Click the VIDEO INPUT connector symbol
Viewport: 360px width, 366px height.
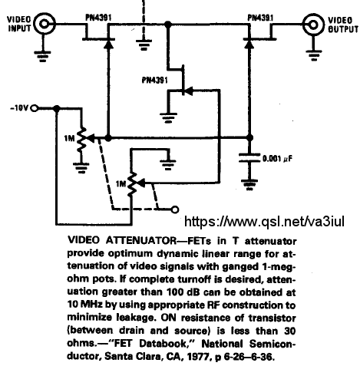coord(45,24)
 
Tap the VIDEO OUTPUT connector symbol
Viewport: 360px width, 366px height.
coord(313,25)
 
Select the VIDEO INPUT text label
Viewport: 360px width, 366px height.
coord(19,24)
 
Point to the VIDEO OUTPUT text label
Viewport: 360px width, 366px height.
coord(343,25)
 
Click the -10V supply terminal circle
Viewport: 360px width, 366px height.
coord(35,108)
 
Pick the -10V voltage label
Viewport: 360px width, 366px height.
coord(19,108)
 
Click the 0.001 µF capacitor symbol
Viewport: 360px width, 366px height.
coord(249,158)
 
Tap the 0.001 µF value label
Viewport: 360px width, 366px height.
coord(277,159)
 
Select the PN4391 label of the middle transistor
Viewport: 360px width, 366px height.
coord(155,81)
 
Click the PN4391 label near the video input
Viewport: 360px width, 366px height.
coord(98,18)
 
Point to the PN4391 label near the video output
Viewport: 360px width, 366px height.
coord(260,18)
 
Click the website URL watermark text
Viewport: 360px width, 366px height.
coord(264,221)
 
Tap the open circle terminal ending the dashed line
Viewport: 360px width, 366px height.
coord(175,209)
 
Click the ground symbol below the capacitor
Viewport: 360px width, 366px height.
coord(249,185)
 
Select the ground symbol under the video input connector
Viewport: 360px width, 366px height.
coord(42,57)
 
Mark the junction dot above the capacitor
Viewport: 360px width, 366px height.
coord(249,138)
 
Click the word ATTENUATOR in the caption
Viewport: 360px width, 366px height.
coord(141,240)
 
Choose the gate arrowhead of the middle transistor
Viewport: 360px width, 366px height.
coord(189,91)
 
